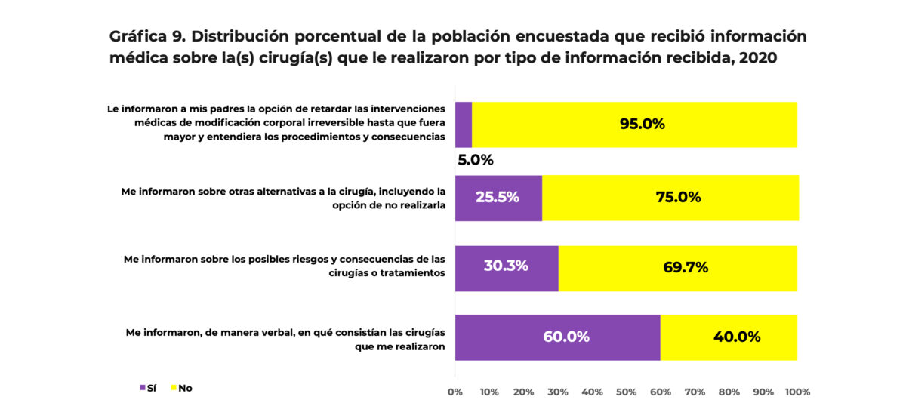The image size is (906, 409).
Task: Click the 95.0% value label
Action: coord(642,125)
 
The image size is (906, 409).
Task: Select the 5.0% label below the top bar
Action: coord(475,160)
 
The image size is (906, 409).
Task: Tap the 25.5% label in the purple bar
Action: coord(497,198)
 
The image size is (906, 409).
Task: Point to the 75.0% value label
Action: coord(678,198)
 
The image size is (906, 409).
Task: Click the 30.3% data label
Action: coord(505,266)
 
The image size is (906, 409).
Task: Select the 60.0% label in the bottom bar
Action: coord(565,337)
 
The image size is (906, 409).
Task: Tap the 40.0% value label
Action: coord(736,337)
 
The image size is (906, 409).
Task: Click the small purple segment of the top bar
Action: coord(463,125)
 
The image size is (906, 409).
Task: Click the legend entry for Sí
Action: coord(147,388)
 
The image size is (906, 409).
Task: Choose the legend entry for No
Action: coord(181,388)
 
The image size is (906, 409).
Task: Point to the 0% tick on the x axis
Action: coord(455,392)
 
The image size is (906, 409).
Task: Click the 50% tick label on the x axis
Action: coord(627,392)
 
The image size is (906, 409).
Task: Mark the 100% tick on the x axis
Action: coord(797,392)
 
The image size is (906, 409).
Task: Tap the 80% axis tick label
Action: coord(729,392)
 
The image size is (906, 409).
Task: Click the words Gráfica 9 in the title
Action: coord(146,37)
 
